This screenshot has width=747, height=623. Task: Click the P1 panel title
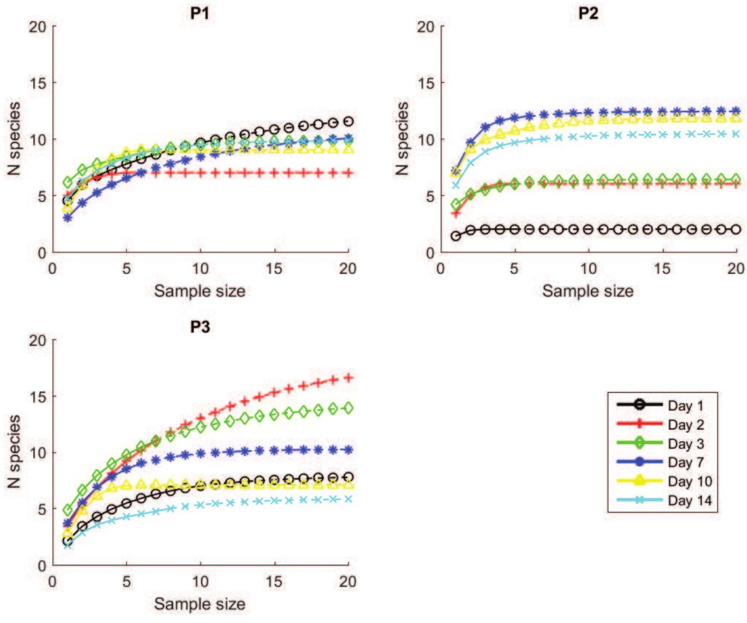(200, 13)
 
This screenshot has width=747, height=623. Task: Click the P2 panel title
(588, 13)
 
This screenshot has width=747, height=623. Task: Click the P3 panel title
(200, 326)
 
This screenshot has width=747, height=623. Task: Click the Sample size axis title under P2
(588, 291)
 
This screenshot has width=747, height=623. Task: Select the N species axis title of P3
(14, 452)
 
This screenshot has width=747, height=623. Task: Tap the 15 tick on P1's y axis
(37, 83)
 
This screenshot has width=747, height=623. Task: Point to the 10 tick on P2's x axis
(589, 268)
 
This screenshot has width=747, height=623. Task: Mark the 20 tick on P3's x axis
(348, 581)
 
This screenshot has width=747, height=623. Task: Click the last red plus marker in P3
(349, 377)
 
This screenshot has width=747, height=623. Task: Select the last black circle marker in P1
(349, 121)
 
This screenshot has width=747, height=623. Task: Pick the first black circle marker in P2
(456, 236)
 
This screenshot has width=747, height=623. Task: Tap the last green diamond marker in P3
(349, 408)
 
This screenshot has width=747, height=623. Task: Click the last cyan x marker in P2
(736, 134)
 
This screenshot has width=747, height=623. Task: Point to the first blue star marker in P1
(67, 218)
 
